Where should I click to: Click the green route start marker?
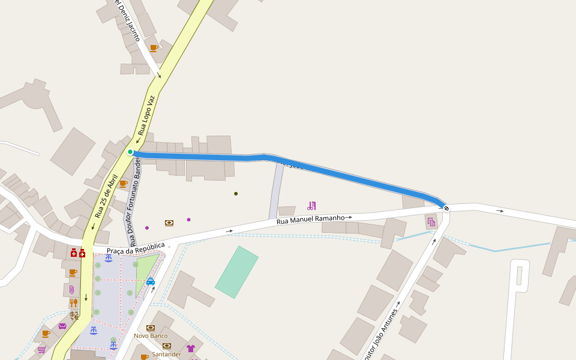point(130,152)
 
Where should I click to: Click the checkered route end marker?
point(446,208)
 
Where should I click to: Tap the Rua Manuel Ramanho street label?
point(310,220)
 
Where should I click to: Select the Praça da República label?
point(136,248)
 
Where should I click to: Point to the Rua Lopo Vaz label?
point(146,115)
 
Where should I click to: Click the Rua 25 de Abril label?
point(106,196)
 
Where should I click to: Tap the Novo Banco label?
point(151,335)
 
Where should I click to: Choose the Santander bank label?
point(166,354)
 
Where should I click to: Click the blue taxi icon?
point(151,281)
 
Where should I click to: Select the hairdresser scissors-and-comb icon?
point(311,206)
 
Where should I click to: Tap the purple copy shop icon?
point(431,222)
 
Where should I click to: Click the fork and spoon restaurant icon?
point(73,303)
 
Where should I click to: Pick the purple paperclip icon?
point(72,289)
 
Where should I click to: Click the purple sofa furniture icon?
point(62,326)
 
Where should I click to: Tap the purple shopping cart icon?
point(41,349)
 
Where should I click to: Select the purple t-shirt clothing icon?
point(191,348)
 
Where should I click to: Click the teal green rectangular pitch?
point(236,272)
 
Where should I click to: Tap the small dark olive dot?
point(236,194)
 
